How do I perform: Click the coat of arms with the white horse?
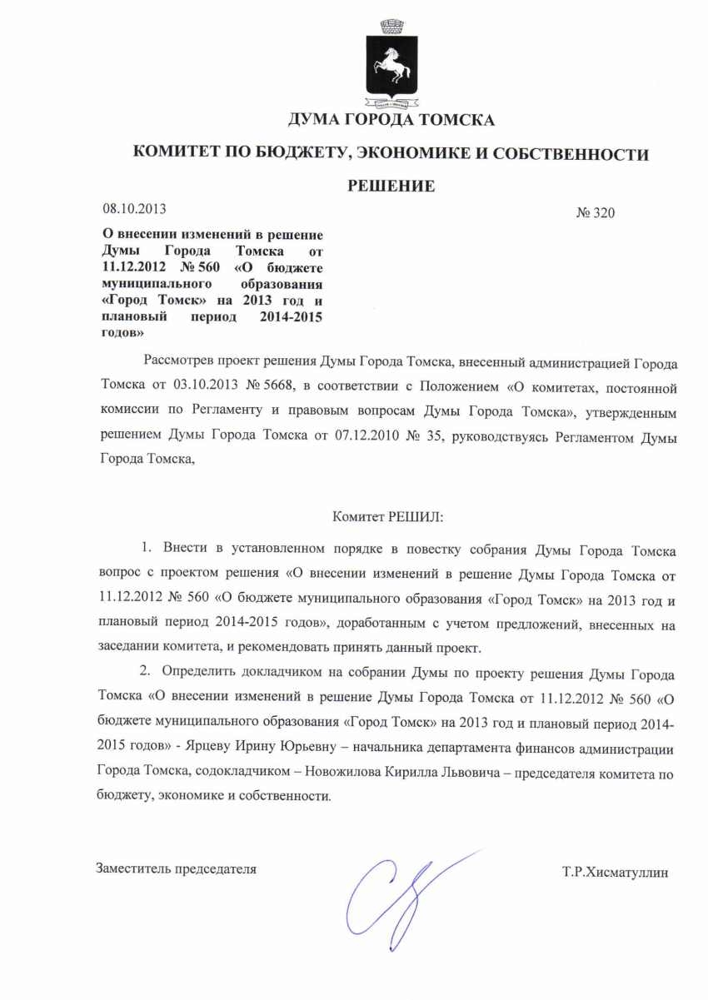pyautogui.click(x=389, y=67)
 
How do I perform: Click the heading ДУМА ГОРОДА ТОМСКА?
pyautogui.click(x=391, y=121)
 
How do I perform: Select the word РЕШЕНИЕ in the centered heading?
pyautogui.click(x=391, y=186)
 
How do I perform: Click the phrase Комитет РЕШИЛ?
pyautogui.click(x=388, y=517)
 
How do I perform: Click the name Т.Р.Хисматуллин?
pyautogui.click(x=616, y=873)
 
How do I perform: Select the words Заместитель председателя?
pyautogui.click(x=177, y=869)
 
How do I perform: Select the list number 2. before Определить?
pyautogui.click(x=147, y=672)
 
